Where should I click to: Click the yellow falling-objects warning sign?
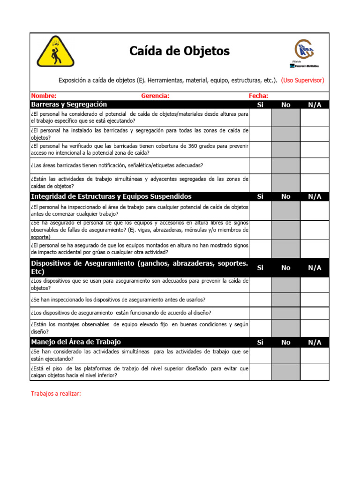pos(55,51)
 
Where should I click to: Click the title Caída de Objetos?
pos(180,51)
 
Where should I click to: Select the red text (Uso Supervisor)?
pos(302,80)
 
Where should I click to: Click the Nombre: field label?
pos(44,96)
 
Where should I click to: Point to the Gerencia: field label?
pos(155,96)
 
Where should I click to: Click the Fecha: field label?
pos(258,96)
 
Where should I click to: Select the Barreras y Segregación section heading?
pos(69,104)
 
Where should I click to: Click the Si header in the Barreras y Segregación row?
pos(260,105)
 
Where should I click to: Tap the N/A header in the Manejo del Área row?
pos(315,342)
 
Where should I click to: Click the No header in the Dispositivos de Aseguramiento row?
pos(285,268)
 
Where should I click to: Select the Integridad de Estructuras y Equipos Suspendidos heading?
pos(111,196)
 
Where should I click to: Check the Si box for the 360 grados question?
pos(260,150)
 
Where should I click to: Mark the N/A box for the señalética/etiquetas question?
pos(315,165)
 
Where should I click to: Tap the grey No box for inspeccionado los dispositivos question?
pos(285,300)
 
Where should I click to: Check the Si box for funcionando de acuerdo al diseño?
pos(260,312)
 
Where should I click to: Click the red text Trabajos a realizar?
pos(56,393)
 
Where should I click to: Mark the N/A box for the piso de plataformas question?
pos(315,372)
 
